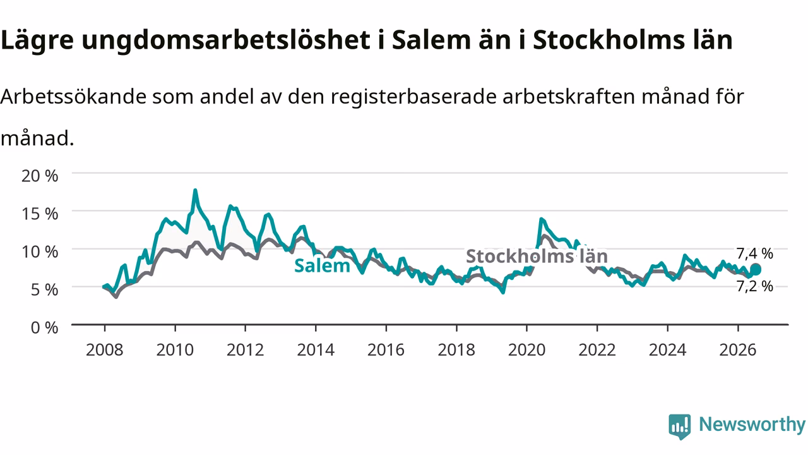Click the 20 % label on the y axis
coord(40,176)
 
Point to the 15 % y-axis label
coord(40,214)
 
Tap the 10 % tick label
coord(40,252)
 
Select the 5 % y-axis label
coord(44,289)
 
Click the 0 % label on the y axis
coord(44,327)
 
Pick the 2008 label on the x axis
coord(105,350)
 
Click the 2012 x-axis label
coord(246,350)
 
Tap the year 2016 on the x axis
coord(386,350)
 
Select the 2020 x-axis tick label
coord(526,350)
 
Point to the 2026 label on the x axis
coord(738,350)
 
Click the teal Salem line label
coord(322,266)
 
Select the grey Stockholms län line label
coord(537,256)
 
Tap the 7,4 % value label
coord(754,253)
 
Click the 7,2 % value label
coord(754,286)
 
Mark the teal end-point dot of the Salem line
coord(756,269)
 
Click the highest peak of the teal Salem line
coord(195,190)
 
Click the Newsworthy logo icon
coord(680,427)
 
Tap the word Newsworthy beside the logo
coord(752,424)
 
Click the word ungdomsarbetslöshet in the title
coord(226,40)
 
